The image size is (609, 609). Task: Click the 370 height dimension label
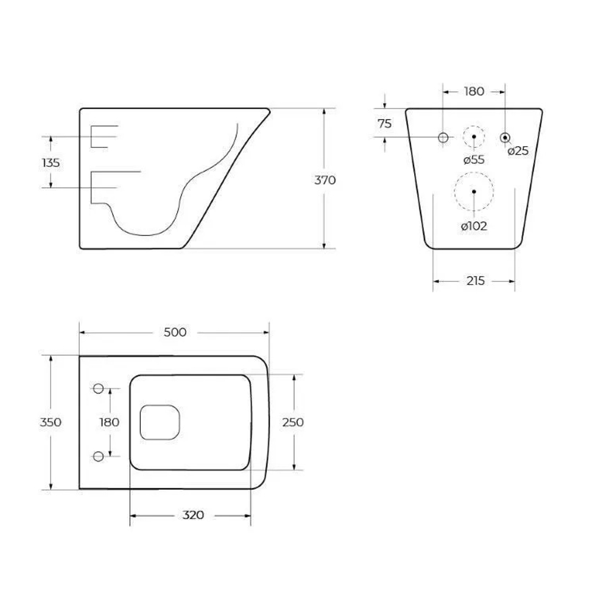[x=325, y=180]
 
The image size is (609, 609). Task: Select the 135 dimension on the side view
[x=51, y=163]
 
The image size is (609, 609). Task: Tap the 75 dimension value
[x=384, y=124]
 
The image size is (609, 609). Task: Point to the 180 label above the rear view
[x=474, y=92]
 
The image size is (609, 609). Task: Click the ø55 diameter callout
[x=473, y=160]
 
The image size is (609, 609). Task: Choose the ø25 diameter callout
[x=518, y=151]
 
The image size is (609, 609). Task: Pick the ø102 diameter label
[x=474, y=227]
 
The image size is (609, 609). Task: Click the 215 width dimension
[x=474, y=281]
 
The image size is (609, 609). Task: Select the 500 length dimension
[x=175, y=332]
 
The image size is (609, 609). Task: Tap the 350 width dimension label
[x=51, y=421]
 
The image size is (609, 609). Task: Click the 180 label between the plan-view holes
[x=110, y=421]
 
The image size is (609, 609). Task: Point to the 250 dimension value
[x=294, y=421]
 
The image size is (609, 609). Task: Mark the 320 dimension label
[x=192, y=515]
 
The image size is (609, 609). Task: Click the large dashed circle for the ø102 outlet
[x=474, y=191]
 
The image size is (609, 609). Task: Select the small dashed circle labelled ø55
[x=474, y=137]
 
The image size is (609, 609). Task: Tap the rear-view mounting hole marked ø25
[x=505, y=137]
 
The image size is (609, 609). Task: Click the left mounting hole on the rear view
[x=443, y=137]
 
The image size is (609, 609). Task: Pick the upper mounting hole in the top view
[x=98, y=388]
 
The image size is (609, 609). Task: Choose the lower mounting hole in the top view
[x=98, y=456]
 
